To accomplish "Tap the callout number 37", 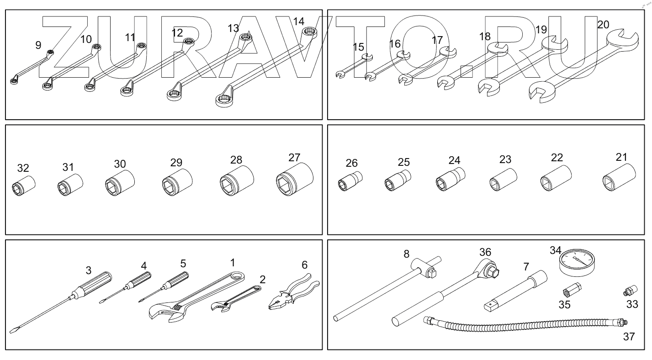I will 629,337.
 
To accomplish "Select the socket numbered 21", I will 618,179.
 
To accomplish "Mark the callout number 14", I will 298,21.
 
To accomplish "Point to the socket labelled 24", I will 450,180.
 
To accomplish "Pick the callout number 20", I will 603,25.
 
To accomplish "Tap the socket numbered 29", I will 177,184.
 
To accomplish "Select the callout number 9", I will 38,45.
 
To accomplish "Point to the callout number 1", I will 233,262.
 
